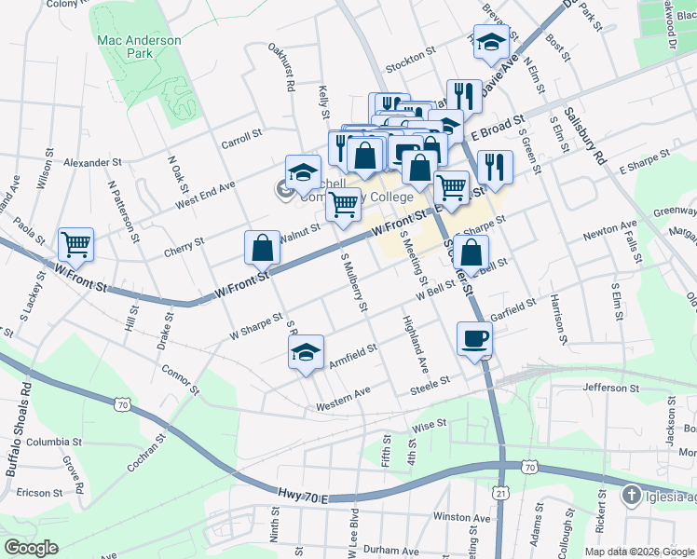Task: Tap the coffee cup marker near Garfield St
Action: point(474,339)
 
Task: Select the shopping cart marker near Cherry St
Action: point(75,245)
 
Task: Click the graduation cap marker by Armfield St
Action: point(305,353)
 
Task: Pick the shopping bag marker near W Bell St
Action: point(473,252)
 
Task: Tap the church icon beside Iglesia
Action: point(632,495)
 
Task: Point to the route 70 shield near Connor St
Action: point(122,403)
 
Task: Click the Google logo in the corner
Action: point(31,548)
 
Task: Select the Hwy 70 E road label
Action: point(303,495)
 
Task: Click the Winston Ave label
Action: point(461,518)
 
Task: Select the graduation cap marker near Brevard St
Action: point(491,42)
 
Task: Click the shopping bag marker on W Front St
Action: point(263,249)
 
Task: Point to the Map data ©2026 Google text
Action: point(638,551)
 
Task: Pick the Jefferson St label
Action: point(611,387)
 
